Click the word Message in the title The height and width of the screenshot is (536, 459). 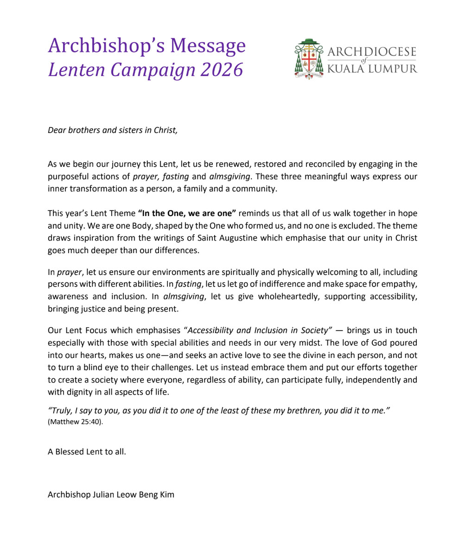208,46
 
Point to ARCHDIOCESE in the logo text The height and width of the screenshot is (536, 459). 372,51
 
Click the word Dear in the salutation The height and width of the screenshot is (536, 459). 57,130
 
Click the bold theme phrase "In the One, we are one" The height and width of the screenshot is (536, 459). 187,213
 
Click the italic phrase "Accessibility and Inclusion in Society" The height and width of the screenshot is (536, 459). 260,331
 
